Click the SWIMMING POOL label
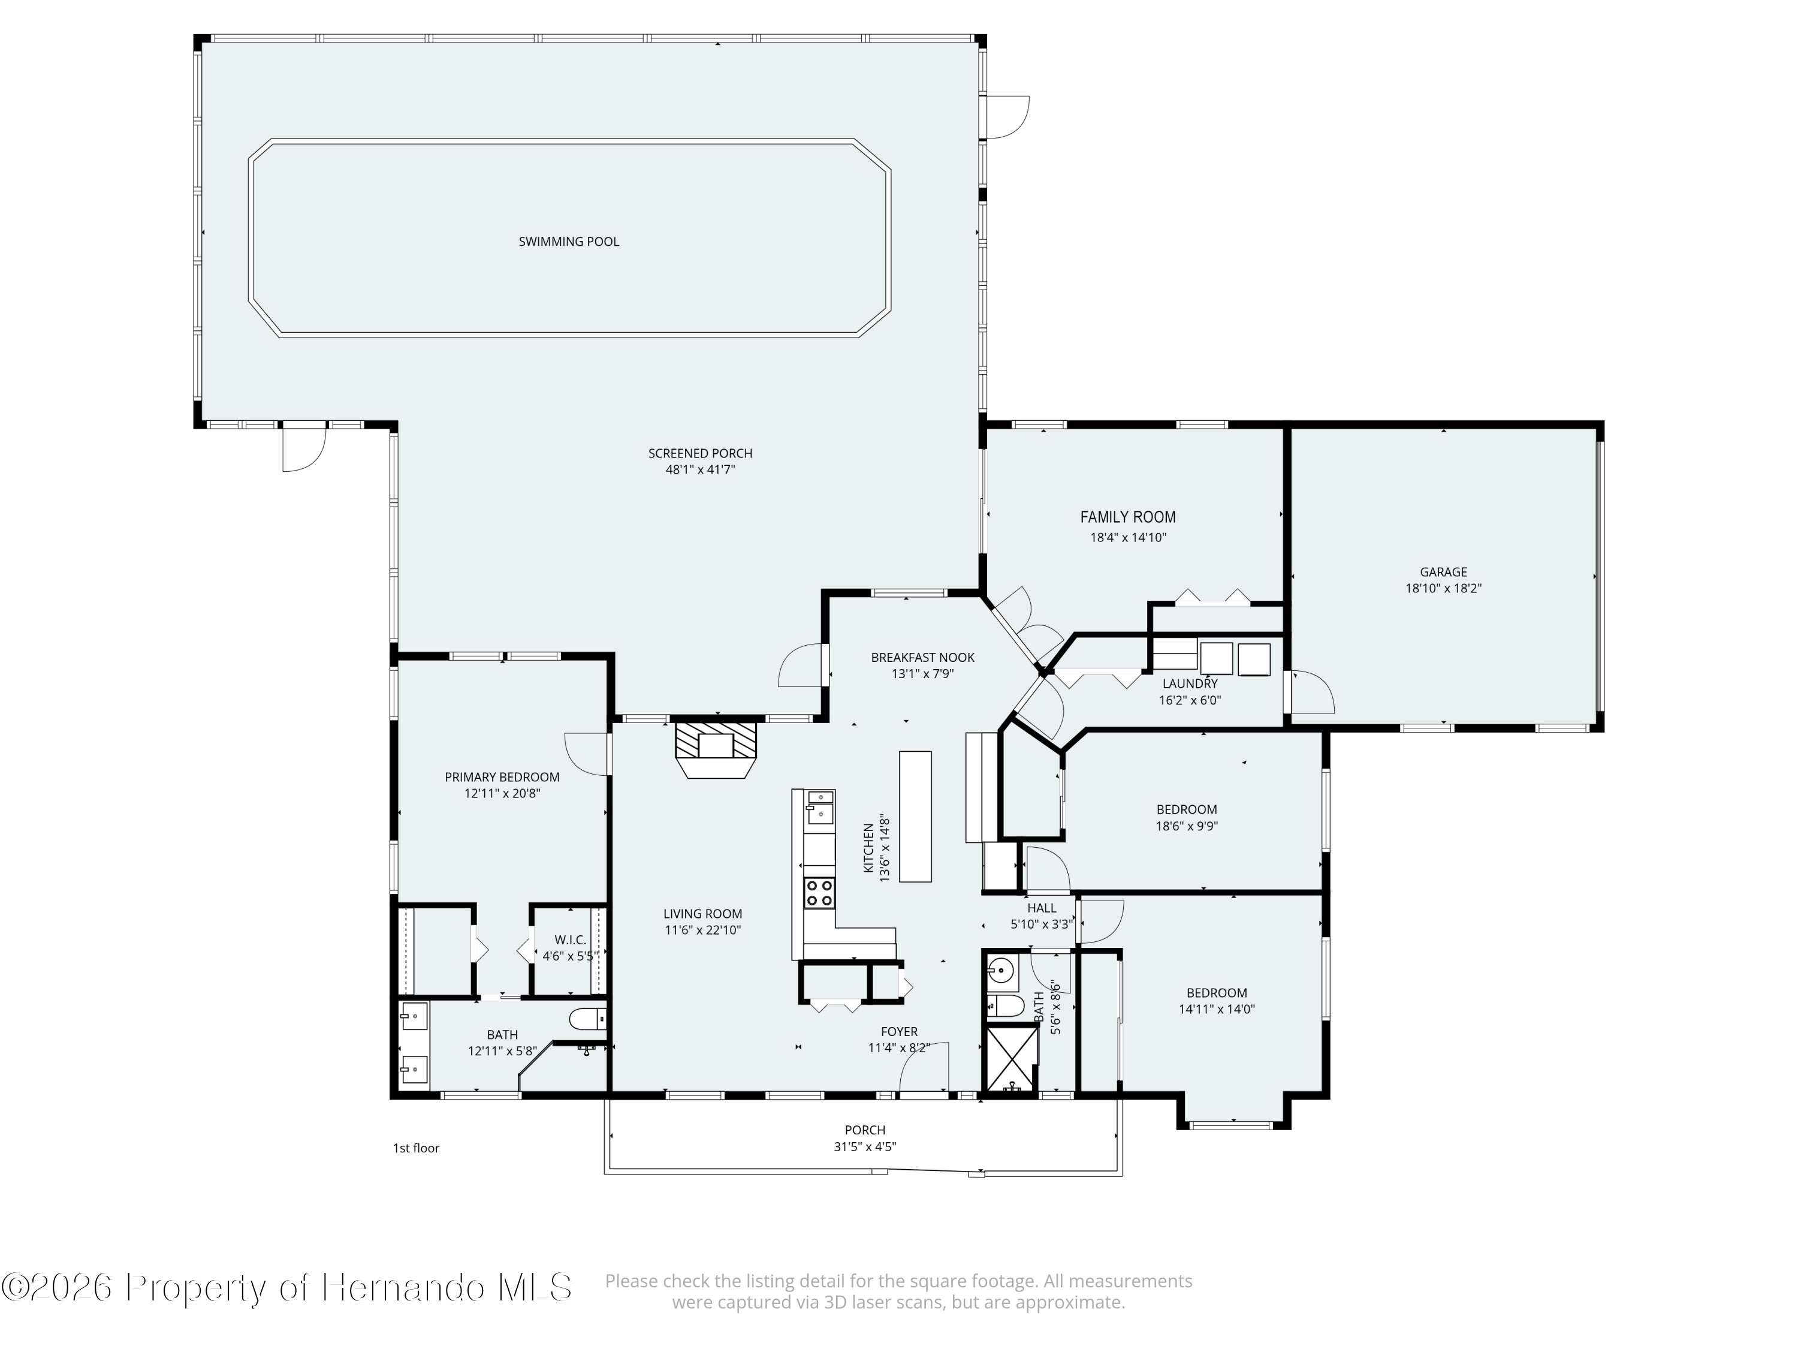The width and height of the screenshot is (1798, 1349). coord(568,242)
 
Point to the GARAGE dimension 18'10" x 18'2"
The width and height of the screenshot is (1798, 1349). coord(1444,589)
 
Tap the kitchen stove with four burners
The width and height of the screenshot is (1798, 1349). coord(819,893)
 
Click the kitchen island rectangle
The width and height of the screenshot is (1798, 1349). coord(915,817)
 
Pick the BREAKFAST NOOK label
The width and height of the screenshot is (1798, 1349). coord(922,658)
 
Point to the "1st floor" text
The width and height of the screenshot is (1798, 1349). coord(416,1148)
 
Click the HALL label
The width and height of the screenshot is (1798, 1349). coord(1041,908)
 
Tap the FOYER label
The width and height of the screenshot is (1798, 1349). coord(899,1032)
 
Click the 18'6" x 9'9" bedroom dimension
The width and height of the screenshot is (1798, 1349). coord(1187,826)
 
